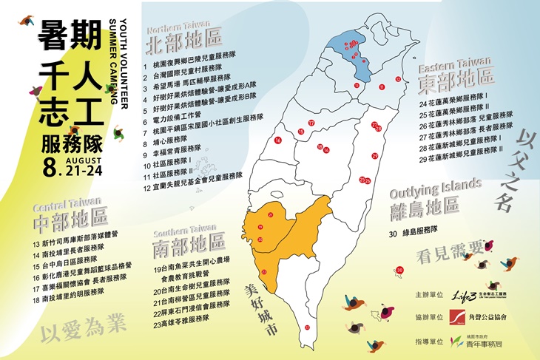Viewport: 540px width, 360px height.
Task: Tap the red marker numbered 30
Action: [400, 271]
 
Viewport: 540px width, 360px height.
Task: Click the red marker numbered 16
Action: [279, 140]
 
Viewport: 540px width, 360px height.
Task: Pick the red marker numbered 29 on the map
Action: [375, 155]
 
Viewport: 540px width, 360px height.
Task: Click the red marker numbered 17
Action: [311, 123]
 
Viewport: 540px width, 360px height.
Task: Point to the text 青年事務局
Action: [493, 344]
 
